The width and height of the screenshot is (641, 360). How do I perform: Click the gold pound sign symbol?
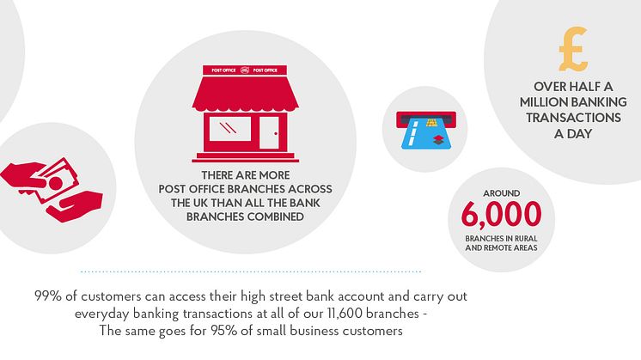tap(573, 49)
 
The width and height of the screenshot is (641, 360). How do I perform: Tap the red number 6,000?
tap(501, 214)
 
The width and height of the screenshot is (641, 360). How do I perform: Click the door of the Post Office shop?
tap(269, 133)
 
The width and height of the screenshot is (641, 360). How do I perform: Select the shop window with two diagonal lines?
tap(229, 129)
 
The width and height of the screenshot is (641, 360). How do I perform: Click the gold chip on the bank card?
tap(430, 122)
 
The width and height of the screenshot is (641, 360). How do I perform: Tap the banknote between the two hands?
tap(53, 180)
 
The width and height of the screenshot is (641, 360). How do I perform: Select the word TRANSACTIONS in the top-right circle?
tap(573, 118)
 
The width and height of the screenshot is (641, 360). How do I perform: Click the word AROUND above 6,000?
tap(502, 193)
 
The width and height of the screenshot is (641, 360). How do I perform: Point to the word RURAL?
tap(526, 238)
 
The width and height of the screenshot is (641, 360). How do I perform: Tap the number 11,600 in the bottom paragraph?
tap(345, 314)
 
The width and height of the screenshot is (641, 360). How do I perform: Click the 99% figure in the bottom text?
tap(48, 296)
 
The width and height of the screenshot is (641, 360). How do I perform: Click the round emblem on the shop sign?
tap(245, 70)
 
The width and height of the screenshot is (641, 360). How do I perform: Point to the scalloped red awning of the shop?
tap(245, 95)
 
